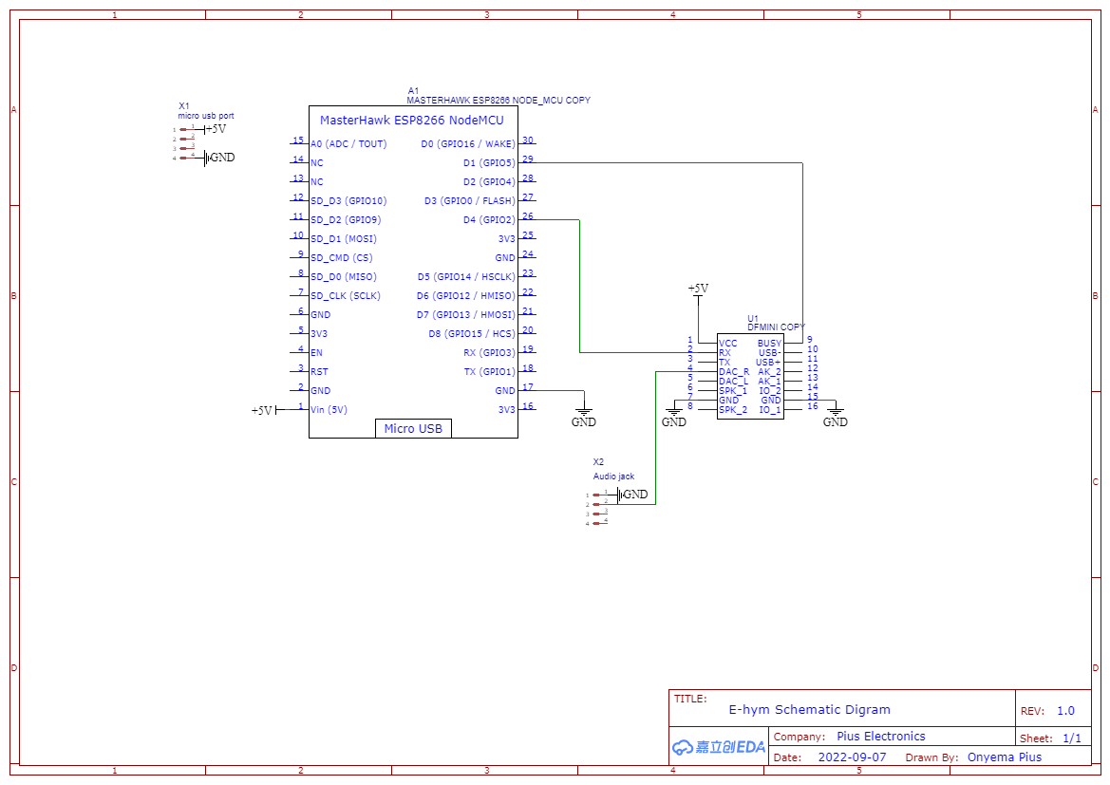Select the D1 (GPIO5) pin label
488,163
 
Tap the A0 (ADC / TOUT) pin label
348,144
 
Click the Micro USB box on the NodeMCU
413,428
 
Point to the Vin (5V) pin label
329,410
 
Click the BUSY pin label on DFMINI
769,344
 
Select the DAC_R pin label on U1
734,371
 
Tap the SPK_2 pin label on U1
733,409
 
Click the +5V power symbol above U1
698,289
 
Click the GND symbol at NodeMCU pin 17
584,417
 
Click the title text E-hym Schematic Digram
809,709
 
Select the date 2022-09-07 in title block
852,757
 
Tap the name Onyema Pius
1004,757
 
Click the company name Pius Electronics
880,737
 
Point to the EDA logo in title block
719,747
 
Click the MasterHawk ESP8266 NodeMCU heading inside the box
411,121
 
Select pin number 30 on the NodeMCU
528,140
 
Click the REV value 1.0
1065,711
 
